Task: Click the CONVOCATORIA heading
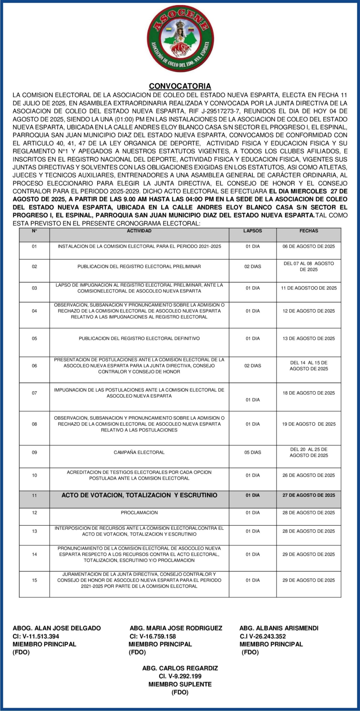tap(180, 86)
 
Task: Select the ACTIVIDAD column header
tap(139, 231)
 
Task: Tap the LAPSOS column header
tap(252, 231)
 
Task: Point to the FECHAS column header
tap(309, 231)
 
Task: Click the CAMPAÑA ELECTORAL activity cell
tap(139, 452)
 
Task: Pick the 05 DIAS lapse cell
tap(252, 452)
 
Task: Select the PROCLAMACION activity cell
tap(139, 513)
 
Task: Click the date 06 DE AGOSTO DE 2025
tap(309, 247)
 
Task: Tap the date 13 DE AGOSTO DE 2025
tap(309, 339)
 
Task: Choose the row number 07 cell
tap(34, 393)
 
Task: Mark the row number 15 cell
tap(34, 580)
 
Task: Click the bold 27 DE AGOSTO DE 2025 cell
tap(309, 495)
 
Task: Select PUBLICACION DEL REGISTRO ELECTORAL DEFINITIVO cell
tap(139, 339)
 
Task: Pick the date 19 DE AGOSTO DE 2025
tap(309, 424)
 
